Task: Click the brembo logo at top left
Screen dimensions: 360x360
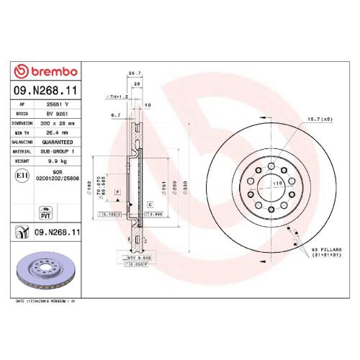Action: tap(47, 71)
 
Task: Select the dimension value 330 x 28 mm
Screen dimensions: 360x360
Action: tap(57, 122)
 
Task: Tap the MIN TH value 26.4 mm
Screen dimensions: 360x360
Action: tap(57, 132)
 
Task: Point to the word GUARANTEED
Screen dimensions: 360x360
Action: tap(58, 142)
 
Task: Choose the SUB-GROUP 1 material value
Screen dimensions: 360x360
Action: tap(58, 152)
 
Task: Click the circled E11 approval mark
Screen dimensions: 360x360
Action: tap(22, 176)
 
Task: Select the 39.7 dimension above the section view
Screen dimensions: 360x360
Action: tap(132, 73)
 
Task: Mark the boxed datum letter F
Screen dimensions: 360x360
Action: tap(118, 192)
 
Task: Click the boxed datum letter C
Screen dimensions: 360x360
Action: tap(149, 205)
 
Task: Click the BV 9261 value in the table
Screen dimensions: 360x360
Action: tap(57, 113)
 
